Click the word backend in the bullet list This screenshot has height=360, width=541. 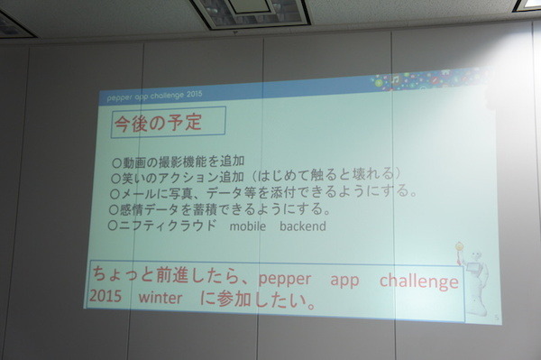point(302,226)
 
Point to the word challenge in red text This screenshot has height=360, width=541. point(418,281)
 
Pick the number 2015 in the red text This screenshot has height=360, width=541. point(106,298)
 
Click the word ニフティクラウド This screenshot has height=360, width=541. point(168,226)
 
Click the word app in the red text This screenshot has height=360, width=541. point(344,281)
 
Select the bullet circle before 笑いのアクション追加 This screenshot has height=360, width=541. point(115,178)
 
